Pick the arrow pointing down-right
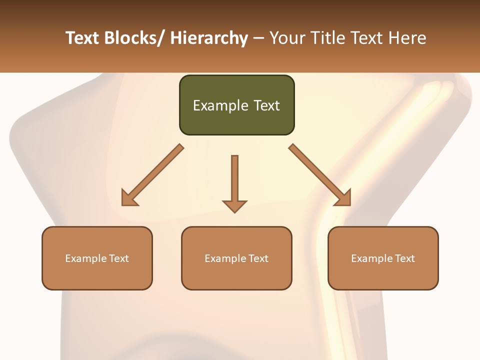[x=320, y=175]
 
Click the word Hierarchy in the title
[x=209, y=38]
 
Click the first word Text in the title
[x=82, y=38]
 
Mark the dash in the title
[x=258, y=39]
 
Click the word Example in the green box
[x=220, y=105]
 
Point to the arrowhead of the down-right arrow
[x=344, y=198]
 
